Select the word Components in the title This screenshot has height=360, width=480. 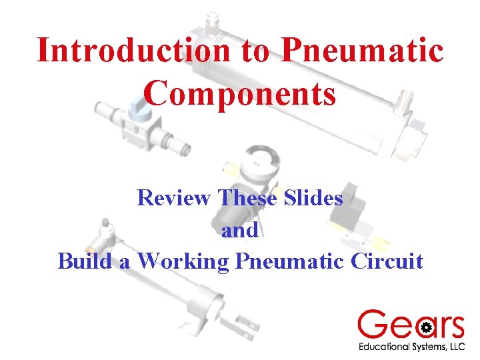coord(239,93)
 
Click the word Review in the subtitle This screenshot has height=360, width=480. coord(175,197)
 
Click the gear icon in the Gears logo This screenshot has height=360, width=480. coord(427,327)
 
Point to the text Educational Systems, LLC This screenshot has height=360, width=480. coord(411,347)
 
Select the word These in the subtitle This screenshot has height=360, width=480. coord(250,197)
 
